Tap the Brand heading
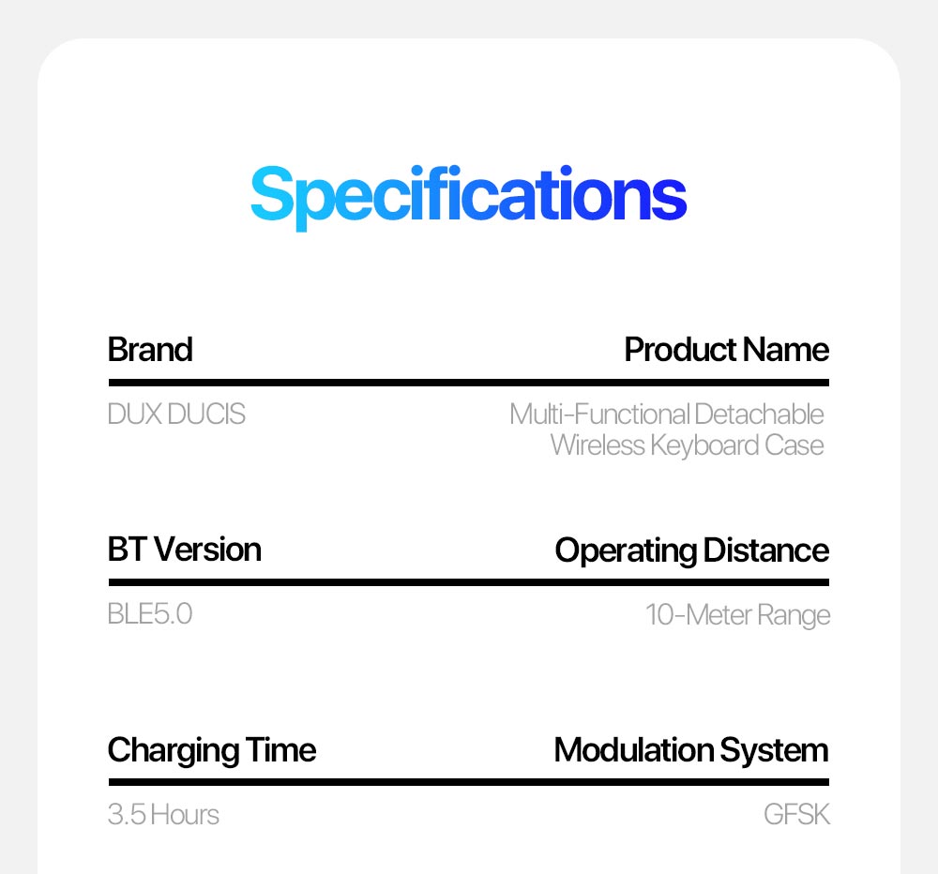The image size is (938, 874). click(150, 350)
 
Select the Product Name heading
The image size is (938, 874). click(726, 350)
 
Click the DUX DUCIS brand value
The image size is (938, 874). click(176, 414)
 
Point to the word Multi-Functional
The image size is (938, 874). click(599, 414)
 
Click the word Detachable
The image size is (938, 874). click(759, 414)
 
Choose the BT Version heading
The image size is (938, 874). click(184, 550)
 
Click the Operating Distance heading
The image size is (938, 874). click(692, 550)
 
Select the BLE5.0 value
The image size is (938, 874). click(150, 614)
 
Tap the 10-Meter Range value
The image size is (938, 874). click(737, 615)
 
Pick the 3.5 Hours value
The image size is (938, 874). click(163, 814)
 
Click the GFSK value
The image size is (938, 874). click(796, 814)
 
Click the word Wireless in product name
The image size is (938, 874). click(598, 445)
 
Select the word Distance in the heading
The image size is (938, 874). click(766, 550)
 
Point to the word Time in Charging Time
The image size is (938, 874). click(280, 749)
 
